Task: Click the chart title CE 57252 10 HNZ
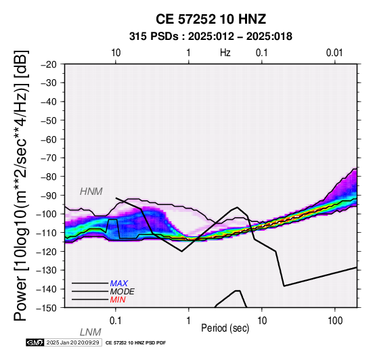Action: click(211, 19)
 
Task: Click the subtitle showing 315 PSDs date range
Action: click(211, 37)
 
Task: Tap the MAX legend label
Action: click(119, 284)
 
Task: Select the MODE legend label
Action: click(123, 292)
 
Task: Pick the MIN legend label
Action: click(118, 300)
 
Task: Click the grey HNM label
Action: click(91, 192)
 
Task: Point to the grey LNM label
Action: click(91, 332)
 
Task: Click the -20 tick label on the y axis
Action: click(49, 64)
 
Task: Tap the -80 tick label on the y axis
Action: click(49, 177)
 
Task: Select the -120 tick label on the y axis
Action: click(47, 252)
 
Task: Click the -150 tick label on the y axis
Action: click(47, 308)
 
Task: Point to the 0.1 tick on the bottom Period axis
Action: click(116, 321)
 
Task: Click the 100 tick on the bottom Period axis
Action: click(335, 321)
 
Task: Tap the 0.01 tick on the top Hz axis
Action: click(334, 53)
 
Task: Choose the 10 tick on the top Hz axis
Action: click(116, 53)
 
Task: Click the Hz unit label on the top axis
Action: click(225, 53)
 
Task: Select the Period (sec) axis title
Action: click(225, 328)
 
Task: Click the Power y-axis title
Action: click(22, 186)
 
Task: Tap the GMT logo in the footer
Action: click(35, 343)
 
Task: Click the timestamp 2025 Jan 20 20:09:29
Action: click(73, 343)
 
